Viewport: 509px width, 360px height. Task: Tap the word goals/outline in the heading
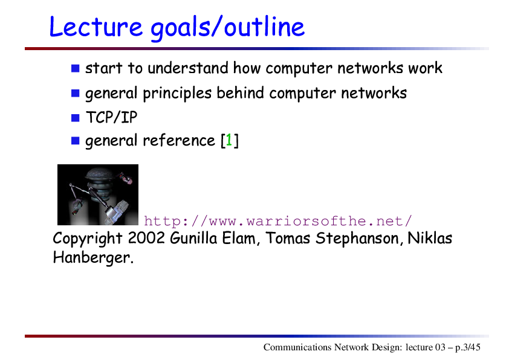(x=227, y=28)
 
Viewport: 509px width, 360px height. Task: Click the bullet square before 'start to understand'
(x=76, y=68)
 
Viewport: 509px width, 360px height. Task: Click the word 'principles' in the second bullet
(x=177, y=94)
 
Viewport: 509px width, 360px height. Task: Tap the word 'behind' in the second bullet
(x=240, y=93)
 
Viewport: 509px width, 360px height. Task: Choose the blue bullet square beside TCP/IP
(x=76, y=118)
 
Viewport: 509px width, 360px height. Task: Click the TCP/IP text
(x=111, y=117)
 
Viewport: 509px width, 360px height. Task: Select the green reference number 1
(x=229, y=140)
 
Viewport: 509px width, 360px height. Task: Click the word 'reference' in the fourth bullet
(x=179, y=140)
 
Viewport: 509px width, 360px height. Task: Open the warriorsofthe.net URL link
(x=278, y=221)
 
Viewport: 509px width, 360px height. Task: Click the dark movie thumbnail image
(x=98, y=194)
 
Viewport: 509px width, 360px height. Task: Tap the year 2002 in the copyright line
(x=146, y=238)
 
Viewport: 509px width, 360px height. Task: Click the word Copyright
(x=88, y=239)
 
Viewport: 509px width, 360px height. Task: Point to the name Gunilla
(x=193, y=238)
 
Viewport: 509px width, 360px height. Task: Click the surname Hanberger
(x=93, y=258)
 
